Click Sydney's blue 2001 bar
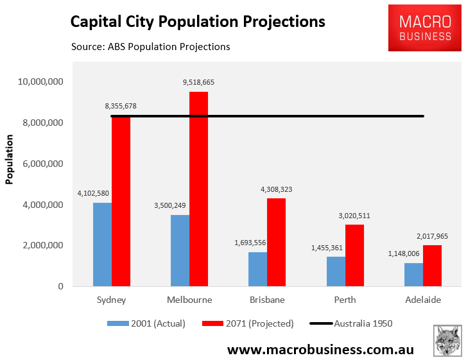[102, 244]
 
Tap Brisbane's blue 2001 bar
[257, 269]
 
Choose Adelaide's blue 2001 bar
[413, 275]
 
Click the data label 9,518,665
[199, 83]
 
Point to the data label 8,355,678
[121, 107]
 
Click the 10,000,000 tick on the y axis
[40, 82]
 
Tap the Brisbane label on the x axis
[266, 300]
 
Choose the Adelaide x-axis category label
[423, 300]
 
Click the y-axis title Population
[10, 160]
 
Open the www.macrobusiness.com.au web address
[320, 350]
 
